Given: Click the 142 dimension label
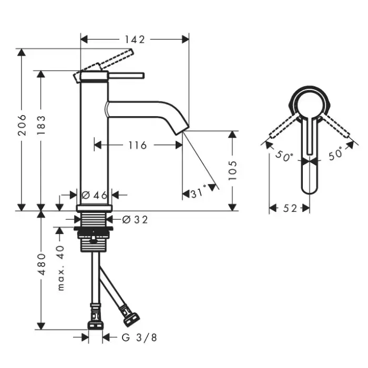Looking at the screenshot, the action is [x=135, y=39].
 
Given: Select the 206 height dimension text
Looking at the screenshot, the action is [x=22, y=125].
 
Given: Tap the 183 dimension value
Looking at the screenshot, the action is [x=41, y=125].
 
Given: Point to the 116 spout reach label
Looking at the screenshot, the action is [x=138, y=145].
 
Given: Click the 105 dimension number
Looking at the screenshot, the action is [x=232, y=170].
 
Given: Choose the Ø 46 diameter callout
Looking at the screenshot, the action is [x=94, y=195].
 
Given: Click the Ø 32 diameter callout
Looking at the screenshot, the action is [x=135, y=220].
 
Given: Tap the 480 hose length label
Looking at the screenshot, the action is [x=42, y=264].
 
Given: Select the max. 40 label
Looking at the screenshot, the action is [x=60, y=268].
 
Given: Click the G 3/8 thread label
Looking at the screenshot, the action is [x=139, y=338].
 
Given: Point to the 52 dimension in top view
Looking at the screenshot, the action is [x=290, y=208].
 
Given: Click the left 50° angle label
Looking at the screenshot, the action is [x=284, y=156].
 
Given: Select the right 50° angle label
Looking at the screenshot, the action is [x=335, y=154].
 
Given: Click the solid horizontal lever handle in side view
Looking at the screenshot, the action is [x=126, y=76].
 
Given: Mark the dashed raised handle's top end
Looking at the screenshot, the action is [x=131, y=51].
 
